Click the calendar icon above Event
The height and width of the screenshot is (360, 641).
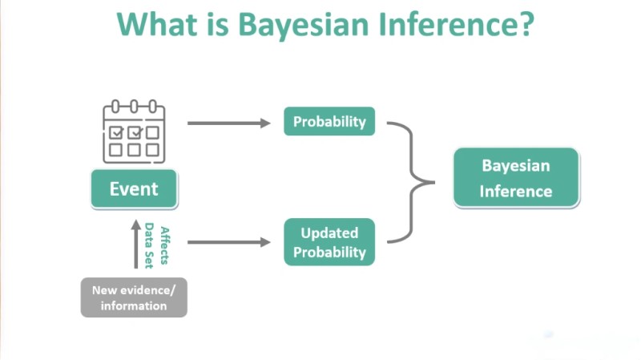pyautogui.click(x=134, y=131)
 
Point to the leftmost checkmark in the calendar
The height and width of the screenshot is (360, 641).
pyautogui.click(x=117, y=131)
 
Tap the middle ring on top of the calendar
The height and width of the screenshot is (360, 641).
pyautogui.click(x=134, y=106)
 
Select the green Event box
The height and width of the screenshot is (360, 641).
pyautogui.click(x=134, y=189)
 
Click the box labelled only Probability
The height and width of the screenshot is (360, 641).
pyautogui.click(x=329, y=122)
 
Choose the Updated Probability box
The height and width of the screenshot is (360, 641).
pyautogui.click(x=329, y=242)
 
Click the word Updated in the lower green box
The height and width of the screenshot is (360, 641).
pyautogui.click(x=329, y=233)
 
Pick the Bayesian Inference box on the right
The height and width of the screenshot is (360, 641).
pyautogui.click(x=516, y=178)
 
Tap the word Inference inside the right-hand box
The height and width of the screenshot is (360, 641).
pyautogui.click(x=516, y=192)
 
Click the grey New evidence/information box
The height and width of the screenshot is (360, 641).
pyautogui.click(x=134, y=297)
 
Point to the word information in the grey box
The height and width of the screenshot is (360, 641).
pyautogui.click(x=134, y=305)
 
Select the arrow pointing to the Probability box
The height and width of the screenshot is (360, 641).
pyautogui.click(x=229, y=123)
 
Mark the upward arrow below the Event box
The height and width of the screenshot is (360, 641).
pyautogui.click(x=135, y=245)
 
